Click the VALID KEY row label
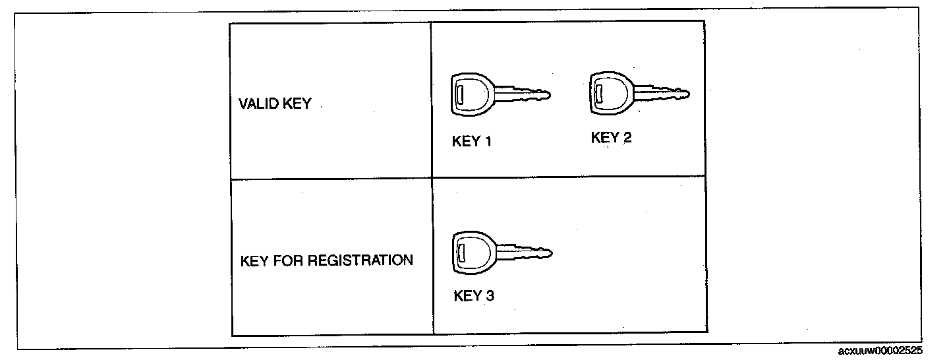[274, 104]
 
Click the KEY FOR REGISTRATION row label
[327, 260]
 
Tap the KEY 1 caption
[472, 142]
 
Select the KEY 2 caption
[611, 138]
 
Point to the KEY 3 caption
[474, 295]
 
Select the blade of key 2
[661, 92]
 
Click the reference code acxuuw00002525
[880, 351]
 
